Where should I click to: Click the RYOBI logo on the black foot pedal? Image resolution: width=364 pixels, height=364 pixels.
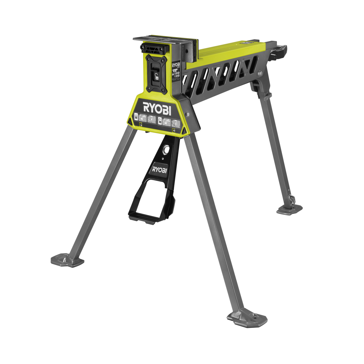tap(160, 169)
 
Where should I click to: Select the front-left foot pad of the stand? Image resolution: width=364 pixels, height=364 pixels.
tap(67, 260)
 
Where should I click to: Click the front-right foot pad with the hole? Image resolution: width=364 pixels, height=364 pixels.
tap(247, 317)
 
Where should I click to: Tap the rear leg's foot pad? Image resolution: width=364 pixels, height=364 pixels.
tap(289, 209)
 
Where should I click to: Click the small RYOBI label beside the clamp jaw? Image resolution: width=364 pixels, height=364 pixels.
tap(176, 65)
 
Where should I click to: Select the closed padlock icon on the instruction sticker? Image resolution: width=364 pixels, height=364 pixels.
tap(136, 117)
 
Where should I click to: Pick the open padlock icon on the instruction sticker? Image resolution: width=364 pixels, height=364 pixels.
tap(160, 121)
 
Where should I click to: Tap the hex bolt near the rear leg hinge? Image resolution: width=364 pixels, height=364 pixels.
tap(260, 74)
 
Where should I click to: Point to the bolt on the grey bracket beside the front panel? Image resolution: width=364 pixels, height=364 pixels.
tap(187, 114)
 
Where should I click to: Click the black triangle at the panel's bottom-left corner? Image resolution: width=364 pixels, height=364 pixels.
tap(130, 122)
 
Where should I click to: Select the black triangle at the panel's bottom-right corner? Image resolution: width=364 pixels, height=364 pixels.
tap(184, 130)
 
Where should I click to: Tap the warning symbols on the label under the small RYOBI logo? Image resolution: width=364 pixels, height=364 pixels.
tap(176, 75)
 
